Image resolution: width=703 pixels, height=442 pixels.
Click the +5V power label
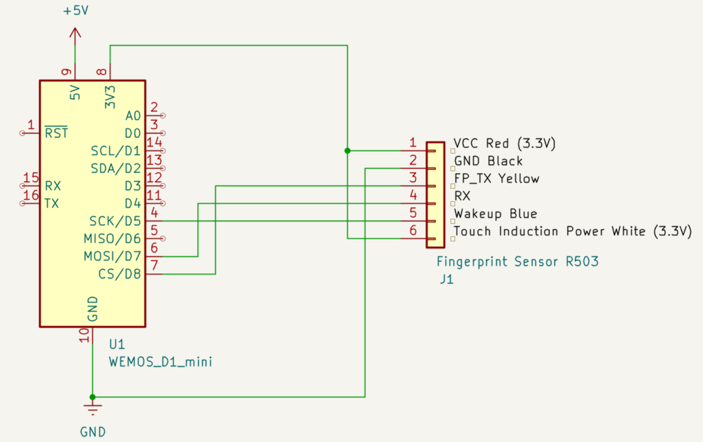[x=76, y=10]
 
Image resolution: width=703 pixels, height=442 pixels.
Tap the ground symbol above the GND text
[x=93, y=409]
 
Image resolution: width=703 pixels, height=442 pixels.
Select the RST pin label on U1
[x=56, y=132]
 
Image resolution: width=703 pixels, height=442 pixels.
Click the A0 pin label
[x=133, y=116]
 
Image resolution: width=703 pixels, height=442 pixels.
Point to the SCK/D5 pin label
[x=115, y=221]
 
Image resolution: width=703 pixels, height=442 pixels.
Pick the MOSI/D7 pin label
[x=113, y=257]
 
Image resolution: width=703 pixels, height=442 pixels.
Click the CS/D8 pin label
[x=119, y=274]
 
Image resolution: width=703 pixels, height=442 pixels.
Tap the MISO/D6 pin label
[x=113, y=238]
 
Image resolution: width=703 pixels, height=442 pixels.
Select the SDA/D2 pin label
[x=116, y=169]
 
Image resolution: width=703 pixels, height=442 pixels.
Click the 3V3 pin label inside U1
[x=110, y=97]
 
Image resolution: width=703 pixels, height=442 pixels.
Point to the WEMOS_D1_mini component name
[x=161, y=362]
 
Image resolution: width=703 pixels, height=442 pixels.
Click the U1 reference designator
[x=117, y=345]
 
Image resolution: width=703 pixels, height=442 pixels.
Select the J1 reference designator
[x=446, y=279]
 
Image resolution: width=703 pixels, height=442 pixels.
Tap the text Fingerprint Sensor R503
[x=518, y=261]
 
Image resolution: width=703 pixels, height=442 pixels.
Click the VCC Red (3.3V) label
[x=505, y=143]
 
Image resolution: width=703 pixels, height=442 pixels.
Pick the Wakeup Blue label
[x=496, y=213]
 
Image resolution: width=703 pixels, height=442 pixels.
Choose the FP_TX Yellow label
[x=497, y=178]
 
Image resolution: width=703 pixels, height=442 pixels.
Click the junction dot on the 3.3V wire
[x=347, y=150]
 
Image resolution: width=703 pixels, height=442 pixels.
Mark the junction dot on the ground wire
[x=93, y=397]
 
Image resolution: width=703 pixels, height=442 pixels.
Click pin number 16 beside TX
[x=31, y=196]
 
